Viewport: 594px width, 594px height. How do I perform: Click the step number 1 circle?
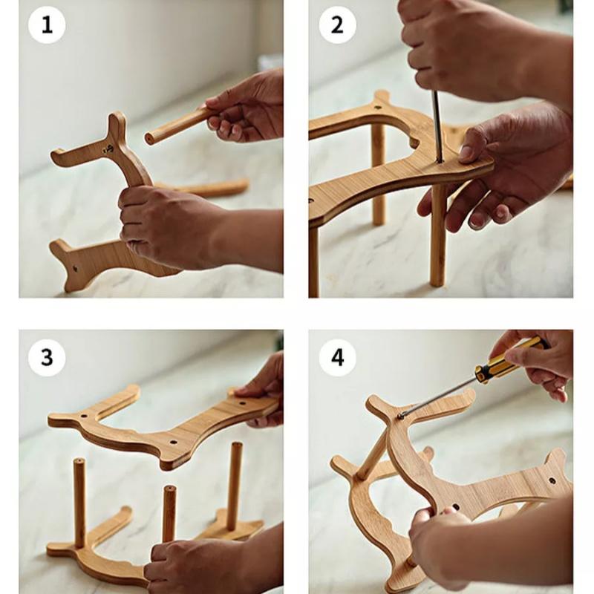pos(47,25)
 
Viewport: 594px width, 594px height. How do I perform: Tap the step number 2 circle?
pos(337,25)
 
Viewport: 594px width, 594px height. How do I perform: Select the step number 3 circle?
pos(47,357)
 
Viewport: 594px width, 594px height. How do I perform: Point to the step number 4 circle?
pos(337,357)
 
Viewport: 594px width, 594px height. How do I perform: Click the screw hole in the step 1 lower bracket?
pos(75,269)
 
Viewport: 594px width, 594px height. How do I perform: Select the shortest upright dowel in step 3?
pos(169,513)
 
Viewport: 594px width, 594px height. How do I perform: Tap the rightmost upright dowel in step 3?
pos(235,486)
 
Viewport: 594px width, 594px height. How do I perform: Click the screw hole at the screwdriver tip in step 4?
pos(401,416)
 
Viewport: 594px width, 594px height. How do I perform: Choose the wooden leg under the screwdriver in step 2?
pos(438,235)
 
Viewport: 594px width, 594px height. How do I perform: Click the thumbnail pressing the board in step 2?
pos(466,154)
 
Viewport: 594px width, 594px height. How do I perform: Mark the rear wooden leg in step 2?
pos(378,174)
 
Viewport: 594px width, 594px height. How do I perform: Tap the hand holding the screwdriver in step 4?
pos(538,364)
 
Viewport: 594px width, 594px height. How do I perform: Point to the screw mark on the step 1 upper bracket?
pos(108,149)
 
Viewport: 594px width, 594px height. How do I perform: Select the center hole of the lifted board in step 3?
pos(173,442)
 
